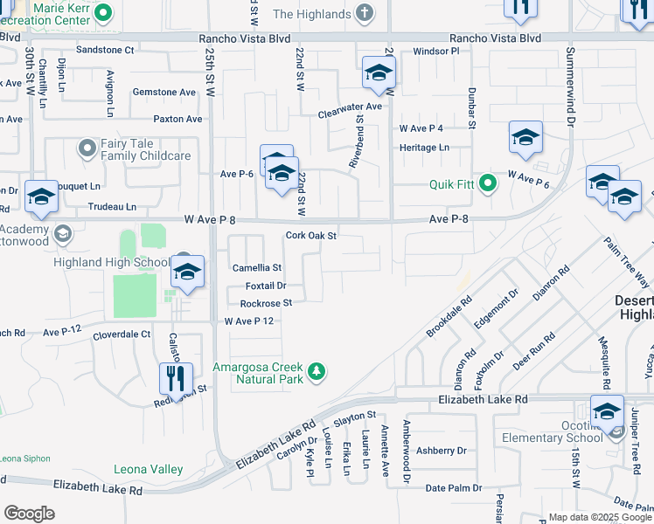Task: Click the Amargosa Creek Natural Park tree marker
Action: click(x=316, y=372)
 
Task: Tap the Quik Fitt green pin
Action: click(x=488, y=184)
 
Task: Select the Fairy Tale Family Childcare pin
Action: click(x=87, y=148)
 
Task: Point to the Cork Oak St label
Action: click(x=311, y=236)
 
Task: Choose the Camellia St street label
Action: click(x=256, y=268)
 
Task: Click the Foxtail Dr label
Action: click(x=266, y=286)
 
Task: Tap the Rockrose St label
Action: click(x=266, y=303)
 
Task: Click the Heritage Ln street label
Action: click(x=424, y=148)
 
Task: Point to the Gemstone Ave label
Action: click(x=163, y=92)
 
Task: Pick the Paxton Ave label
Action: click(x=177, y=119)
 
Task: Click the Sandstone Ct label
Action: click(x=105, y=51)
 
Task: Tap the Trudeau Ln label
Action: click(x=112, y=207)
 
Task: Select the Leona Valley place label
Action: click(x=149, y=469)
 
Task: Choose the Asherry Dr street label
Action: click(x=442, y=451)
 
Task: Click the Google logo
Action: click(x=30, y=514)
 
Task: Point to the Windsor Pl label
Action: click(x=435, y=52)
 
